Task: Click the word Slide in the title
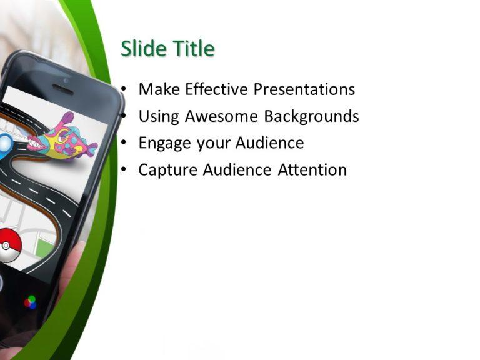pyautogui.click(x=142, y=49)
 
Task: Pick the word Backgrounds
pyautogui.click(x=312, y=117)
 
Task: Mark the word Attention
pyautogui.click(x=312, y=170)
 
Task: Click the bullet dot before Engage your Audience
pyautogui.click(x=126, y=143)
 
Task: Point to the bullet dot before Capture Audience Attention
pyautogui.click(x=126, y=170)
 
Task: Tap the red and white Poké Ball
pyautogui.click(x=9, y=245)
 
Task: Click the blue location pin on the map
pyautogui.click(x=5, y=143)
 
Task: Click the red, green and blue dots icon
pyautogui.click(x=30, y=302)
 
